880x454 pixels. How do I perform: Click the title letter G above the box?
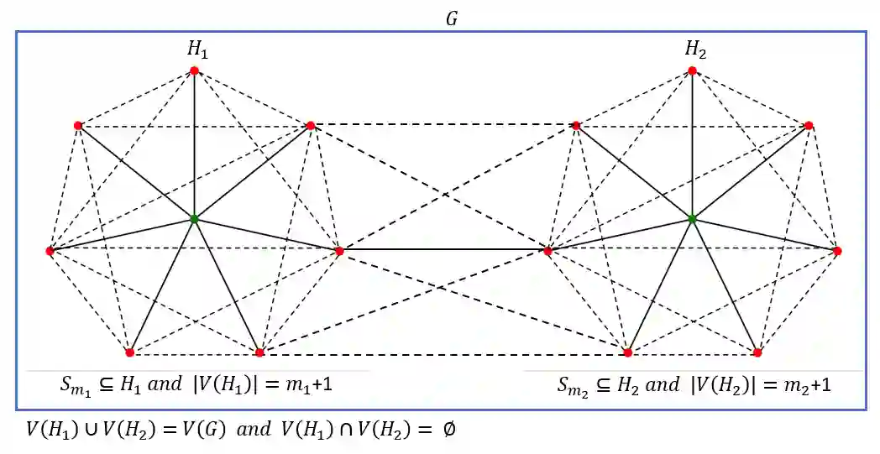[x=451, y=18]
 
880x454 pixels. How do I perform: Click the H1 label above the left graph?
[x=196, y=51]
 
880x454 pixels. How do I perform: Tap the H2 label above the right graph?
[x=695, y=51]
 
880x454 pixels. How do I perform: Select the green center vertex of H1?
[x=194, y=219]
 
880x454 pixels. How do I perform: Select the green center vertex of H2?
[x=692, y=219]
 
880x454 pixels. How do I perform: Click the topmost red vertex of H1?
[x=194, y=70]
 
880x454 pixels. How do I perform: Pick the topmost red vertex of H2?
[x=692, y=70]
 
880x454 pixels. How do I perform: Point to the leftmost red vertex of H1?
[x=50, y=251]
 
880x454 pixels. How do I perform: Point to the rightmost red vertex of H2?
[x=837, y=251]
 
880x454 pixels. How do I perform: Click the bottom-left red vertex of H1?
[x=129, y=352]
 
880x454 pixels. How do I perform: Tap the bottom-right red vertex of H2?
[x=757, y=352]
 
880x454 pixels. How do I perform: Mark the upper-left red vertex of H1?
[x=78, y=126]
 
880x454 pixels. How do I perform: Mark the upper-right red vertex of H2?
[x=809, y=126]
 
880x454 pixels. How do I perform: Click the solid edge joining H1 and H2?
[x=443, y=250]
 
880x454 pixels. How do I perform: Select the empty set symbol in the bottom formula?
[x=445, y=429]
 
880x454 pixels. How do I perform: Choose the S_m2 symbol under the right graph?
[x=573, y=386]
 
